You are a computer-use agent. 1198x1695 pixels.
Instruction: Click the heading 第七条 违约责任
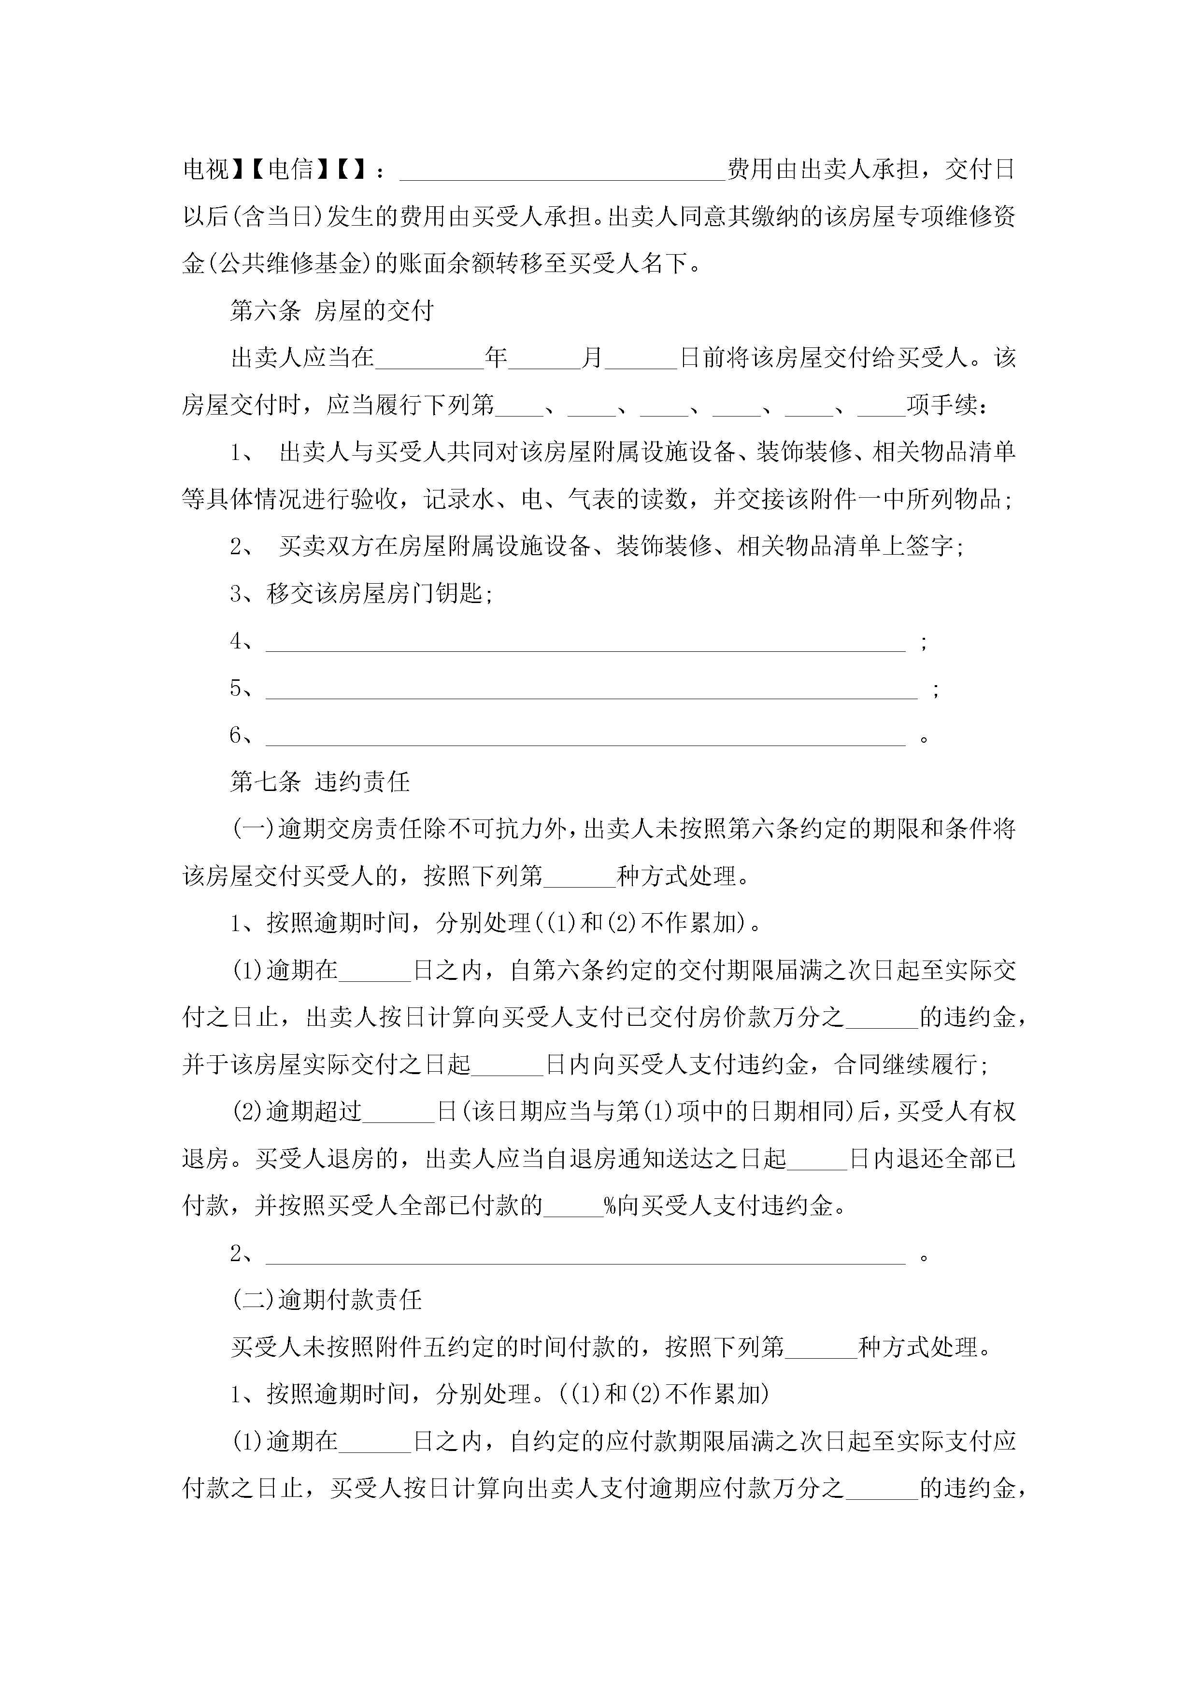pos(320,782)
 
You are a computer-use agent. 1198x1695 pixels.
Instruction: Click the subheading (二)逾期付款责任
pos(327,1300)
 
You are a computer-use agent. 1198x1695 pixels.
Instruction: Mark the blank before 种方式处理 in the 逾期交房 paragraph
pos(580,878)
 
